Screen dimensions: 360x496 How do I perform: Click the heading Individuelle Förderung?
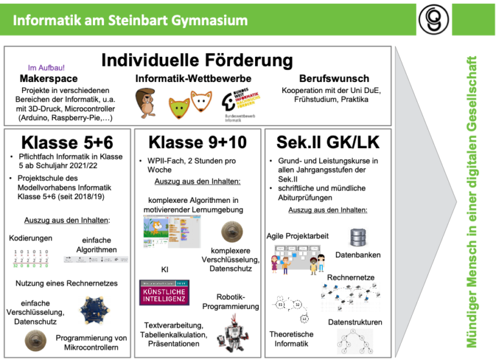[197, 61]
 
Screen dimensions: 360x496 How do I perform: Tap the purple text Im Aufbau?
[46, 67]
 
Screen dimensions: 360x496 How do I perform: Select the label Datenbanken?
[358, 255]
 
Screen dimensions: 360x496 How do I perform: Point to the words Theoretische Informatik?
[291, 339]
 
